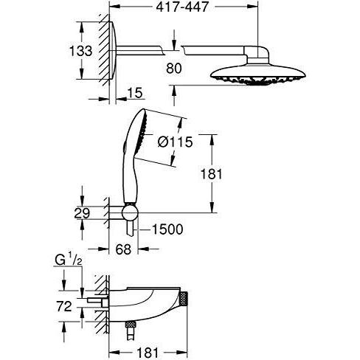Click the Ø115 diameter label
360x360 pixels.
click(x=176, y=142)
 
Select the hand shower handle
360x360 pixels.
click(x=134, y=184)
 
